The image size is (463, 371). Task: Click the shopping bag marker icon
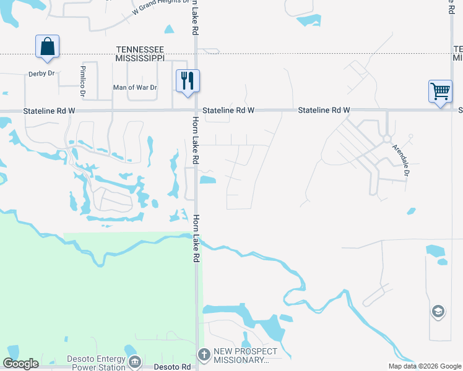tap(48, 46)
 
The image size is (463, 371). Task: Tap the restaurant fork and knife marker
tap(188, 80)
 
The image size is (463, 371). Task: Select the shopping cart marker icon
tap(440, 91)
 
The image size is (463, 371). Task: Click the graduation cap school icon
tap(438, 312)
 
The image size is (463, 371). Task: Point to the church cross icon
tap(204, 355)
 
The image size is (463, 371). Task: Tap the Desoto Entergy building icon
tap(134, 361)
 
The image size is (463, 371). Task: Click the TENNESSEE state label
tap(140, 49)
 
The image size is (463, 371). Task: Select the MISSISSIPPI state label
tap(140, 58)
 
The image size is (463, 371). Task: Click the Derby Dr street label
tap(41, 74)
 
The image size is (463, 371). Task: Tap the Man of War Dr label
tap(136, 87)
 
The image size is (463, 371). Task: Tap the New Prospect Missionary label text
tap(241, 356)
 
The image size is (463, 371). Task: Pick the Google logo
tap(20, 364)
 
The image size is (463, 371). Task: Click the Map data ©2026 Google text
tap(424, 366)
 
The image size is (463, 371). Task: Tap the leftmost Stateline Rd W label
tap(49, 111)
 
